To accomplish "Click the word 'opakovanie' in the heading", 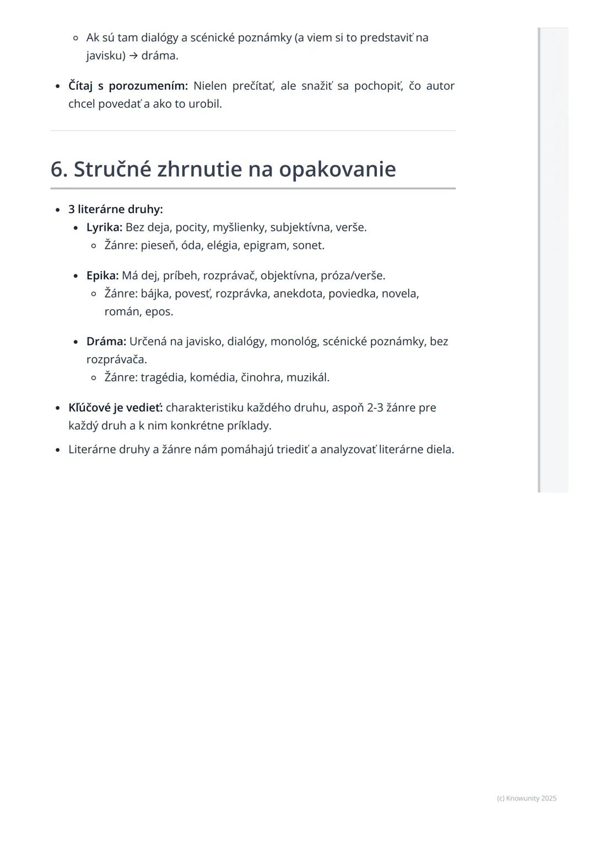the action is [337, 169].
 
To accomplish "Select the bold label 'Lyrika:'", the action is [104, 227].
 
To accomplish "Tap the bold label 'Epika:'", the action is [102, 275].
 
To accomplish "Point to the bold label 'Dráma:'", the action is [106, 341].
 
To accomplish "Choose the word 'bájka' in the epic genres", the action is [154, 293].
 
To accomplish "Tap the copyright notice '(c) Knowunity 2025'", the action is [526, 798].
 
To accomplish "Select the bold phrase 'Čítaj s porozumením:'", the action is [128, 85].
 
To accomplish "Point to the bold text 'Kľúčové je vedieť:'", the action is [116, 408].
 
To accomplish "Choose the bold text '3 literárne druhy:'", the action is [116, 209].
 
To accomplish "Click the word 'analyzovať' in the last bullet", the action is [348, 449].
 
